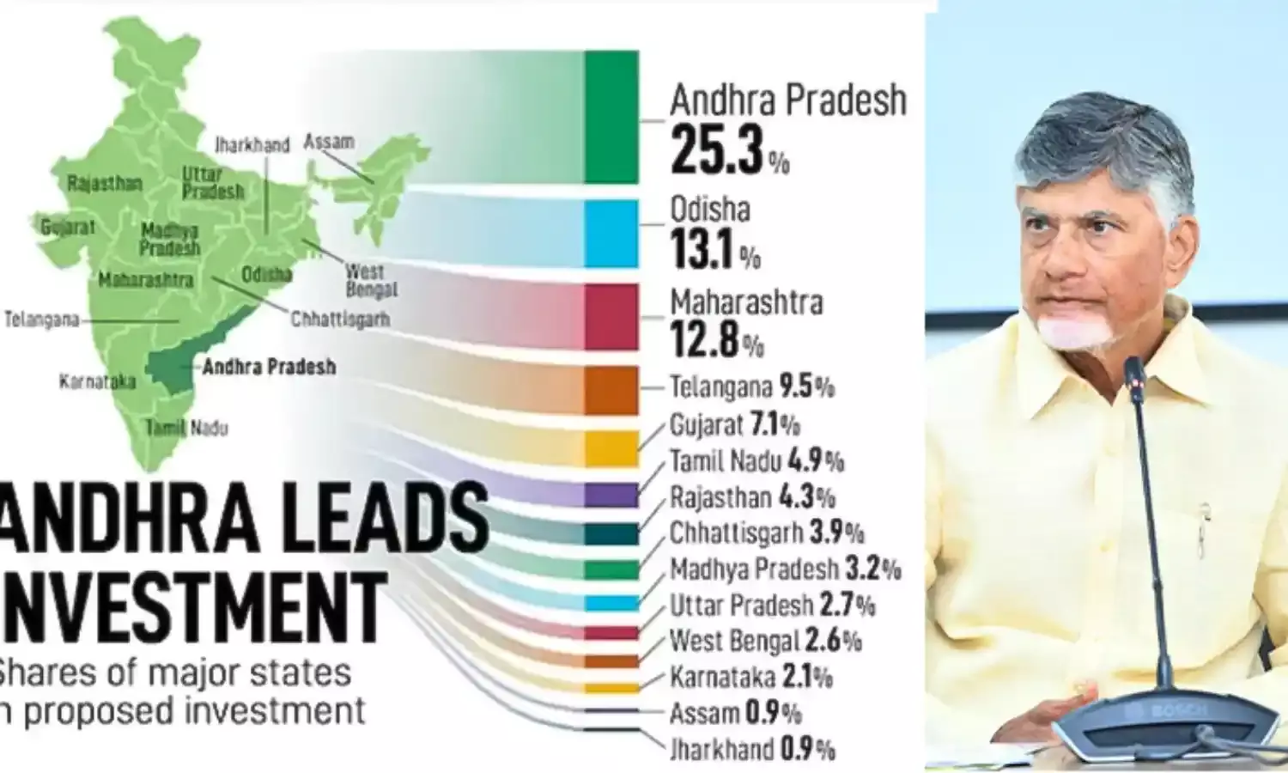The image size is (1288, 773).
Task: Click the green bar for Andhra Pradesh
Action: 611,117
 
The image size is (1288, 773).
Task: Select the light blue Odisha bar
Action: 611,234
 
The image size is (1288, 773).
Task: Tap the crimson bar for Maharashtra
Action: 611,316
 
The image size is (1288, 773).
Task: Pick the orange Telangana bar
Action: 611,390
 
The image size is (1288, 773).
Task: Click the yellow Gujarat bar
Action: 611,447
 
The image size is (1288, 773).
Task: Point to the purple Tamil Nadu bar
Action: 611,495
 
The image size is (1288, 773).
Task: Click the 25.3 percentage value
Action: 717,151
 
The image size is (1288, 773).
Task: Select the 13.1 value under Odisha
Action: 702,249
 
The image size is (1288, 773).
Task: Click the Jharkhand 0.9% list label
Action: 751,749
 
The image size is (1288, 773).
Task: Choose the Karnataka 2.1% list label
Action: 750,677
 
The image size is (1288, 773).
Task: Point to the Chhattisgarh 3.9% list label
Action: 766,533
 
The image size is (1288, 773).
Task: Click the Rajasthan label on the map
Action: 104,183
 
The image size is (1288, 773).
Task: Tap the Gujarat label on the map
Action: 67,228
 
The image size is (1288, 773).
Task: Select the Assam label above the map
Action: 328,142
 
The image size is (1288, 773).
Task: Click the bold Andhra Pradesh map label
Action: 269,367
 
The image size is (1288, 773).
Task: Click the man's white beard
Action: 1072,331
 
